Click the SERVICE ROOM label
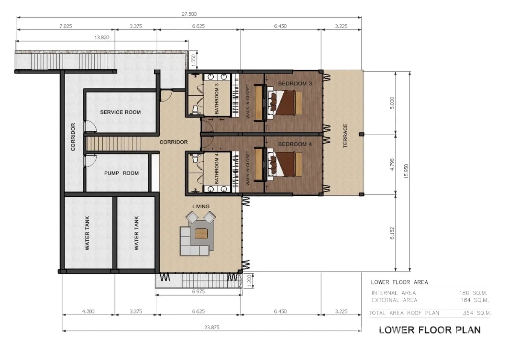click(121, 112)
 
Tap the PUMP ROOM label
click(121, 173)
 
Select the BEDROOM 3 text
click(295, 84)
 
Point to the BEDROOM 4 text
click(295, 144)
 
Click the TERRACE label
click(345, 136)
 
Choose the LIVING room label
click(200, 207)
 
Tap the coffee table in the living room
click(201, 233)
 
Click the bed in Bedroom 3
click(285, 103)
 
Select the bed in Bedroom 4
click(285, 164)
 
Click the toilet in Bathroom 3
click(195, 110)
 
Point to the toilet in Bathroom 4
click(195, 158)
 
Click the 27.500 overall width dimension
click(189, 14)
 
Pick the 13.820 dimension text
click(102, 38)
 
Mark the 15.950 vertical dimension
click(406, 171)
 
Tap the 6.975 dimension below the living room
click(198, 292)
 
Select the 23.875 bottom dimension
click(212, 327)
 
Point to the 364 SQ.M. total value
click(477, 313)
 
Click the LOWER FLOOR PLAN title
click(430, 330)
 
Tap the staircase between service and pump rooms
click(113, 144)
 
